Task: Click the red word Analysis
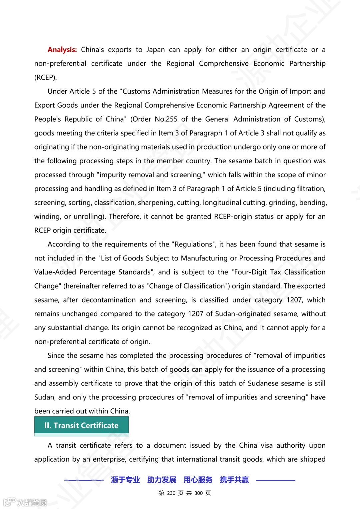pyautogui.click(x=62, y=50)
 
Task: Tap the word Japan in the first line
pyautogui.click(x=156, y=50)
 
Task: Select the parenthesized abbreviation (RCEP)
pyautogui.click(x=46, y=77)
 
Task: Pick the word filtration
pyautogui.click(x=309, y=189)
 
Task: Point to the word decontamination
pyautogui.click(x=109, y=300)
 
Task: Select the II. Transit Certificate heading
pyautogui.click(x=81, y=425)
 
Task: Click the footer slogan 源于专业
pyautogui.click(x=125, y=480)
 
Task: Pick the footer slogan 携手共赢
pyautogui.click(x=234, y=480)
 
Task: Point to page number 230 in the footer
pyautogui.click(x=171, y=493)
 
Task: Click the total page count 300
pyautogui.click(x=199, y=493)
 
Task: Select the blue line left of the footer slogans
pyautogui.click(x=84, y=480)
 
